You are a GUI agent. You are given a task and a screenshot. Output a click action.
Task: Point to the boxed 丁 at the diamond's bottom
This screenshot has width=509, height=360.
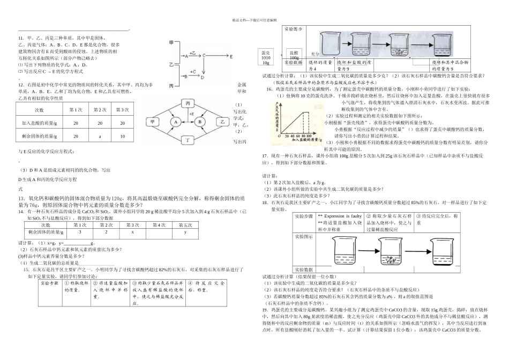188,141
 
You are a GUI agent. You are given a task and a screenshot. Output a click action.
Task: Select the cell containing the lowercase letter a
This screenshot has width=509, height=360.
100,136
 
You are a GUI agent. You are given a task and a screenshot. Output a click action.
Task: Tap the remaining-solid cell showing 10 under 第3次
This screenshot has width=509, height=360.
122,136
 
